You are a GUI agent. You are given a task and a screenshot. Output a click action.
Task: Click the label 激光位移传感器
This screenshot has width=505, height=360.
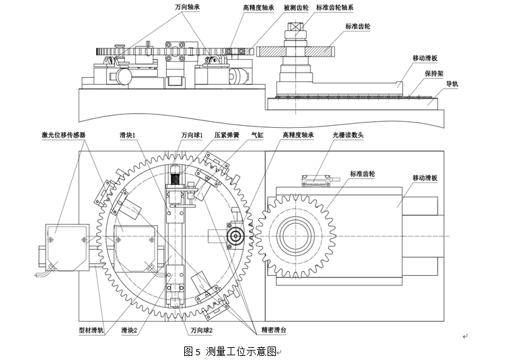[63, 135]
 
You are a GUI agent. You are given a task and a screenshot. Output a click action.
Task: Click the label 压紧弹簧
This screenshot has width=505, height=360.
[227, 135]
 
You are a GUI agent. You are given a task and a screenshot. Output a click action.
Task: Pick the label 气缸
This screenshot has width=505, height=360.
[258, 135]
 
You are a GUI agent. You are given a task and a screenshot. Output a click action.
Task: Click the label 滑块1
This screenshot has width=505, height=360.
[128, 135]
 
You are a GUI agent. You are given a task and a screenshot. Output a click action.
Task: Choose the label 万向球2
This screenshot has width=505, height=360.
[201, 330]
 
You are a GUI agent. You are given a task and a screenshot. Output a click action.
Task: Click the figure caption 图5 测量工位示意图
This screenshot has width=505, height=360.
[230, 351]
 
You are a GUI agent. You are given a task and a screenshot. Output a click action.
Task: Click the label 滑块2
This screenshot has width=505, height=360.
[129, 330]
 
